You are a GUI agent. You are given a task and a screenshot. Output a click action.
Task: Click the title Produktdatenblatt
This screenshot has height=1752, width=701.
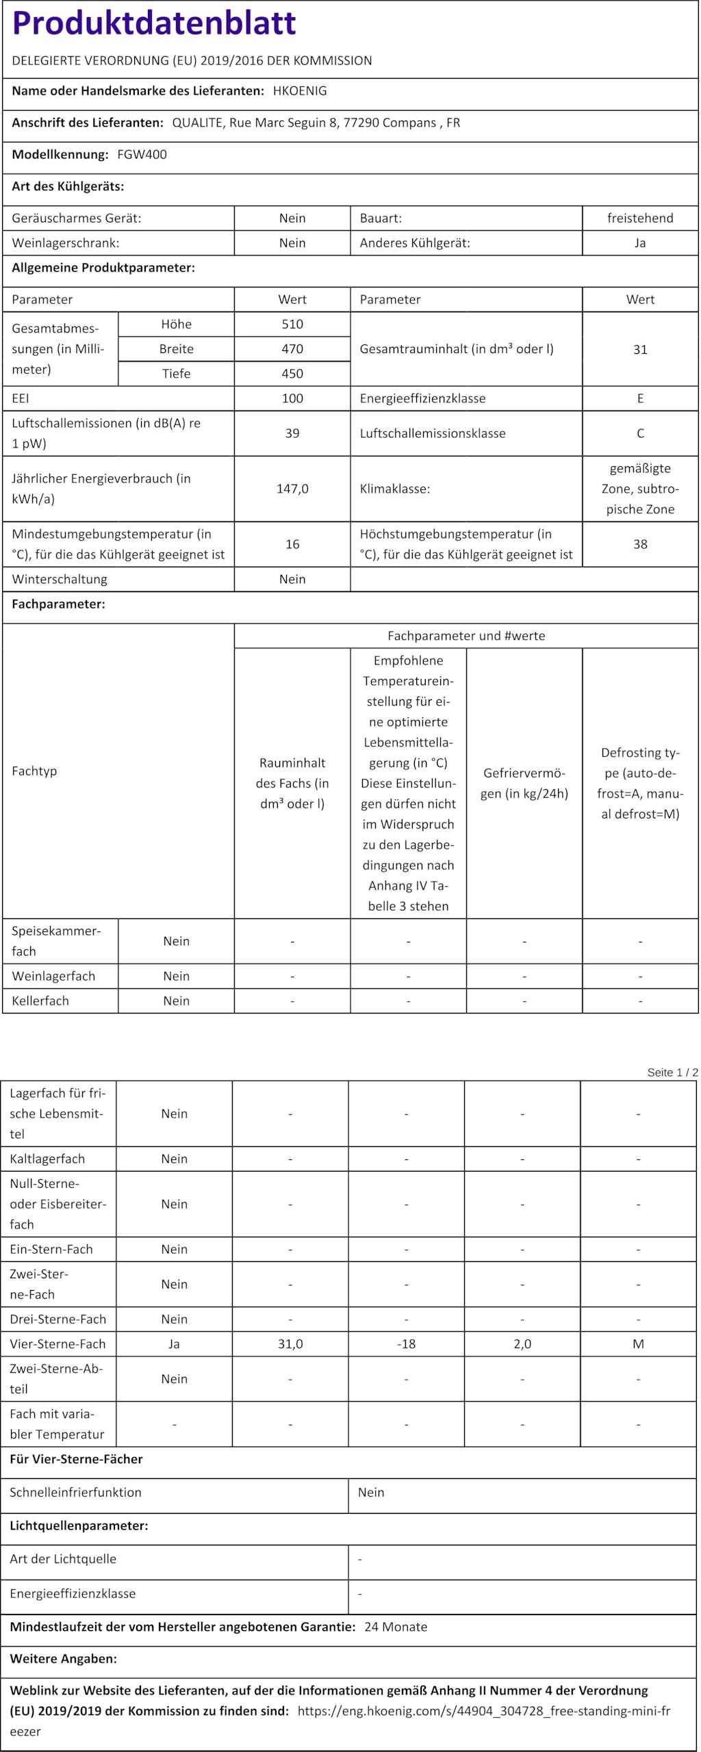coord(154,23)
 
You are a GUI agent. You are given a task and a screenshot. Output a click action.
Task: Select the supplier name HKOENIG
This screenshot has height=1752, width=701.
coord(300,91)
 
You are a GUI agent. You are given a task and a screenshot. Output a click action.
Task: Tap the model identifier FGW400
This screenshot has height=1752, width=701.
coord(142,155)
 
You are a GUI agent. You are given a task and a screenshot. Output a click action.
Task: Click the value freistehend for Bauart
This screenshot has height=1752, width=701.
coord(640,218)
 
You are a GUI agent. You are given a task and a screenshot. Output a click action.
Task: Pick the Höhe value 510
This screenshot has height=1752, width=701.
coord(292,324)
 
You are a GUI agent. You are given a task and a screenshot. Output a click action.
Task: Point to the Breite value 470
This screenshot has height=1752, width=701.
coord(292,349)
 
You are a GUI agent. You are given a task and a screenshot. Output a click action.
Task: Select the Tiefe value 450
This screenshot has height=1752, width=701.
coord(292,374)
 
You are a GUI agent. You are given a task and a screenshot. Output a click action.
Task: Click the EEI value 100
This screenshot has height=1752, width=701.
coord(292,398)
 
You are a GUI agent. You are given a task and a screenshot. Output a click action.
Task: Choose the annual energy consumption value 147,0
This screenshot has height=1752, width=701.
coord(292,489)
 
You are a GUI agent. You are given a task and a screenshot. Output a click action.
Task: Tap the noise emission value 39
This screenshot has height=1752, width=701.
coord(292,433)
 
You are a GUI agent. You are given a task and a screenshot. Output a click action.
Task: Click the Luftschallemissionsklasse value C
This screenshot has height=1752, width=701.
coord(640,433)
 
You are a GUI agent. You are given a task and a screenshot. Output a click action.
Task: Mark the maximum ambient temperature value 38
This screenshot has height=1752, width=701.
coord(640,544)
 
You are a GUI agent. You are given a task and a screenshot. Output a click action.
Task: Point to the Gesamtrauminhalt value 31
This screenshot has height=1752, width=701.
coord(640,350)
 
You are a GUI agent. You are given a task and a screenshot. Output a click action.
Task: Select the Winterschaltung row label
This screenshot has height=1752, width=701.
coord(60,579)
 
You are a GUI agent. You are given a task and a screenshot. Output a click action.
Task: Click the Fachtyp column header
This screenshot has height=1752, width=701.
coord(34,771)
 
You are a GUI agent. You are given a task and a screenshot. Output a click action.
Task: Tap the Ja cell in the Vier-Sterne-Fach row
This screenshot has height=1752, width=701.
coord(175,1343)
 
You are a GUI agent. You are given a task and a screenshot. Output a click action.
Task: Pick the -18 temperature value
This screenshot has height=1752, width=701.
coord(407,1343)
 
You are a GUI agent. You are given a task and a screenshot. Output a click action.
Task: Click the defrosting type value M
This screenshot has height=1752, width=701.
coord(638,1343)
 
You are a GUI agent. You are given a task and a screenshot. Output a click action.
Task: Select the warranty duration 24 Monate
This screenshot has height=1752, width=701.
coord(396,1627)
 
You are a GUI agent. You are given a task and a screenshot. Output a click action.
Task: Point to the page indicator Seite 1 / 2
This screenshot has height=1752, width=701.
coord(672,1072)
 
